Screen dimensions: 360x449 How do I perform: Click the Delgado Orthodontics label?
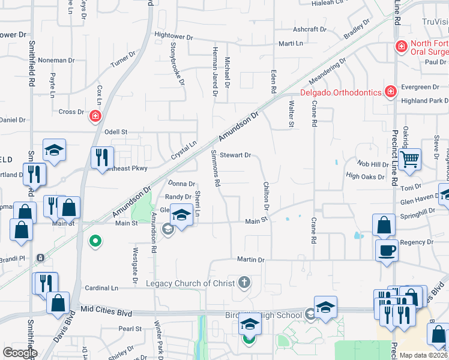(340, 92)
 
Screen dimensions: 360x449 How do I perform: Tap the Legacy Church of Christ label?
(191, 283)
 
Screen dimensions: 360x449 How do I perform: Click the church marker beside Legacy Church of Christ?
(244, 281)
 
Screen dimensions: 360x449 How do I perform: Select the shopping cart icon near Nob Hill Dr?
(409, 160)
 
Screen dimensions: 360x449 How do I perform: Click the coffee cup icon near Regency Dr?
(387, 250)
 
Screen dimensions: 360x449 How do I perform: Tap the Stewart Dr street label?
(235, 155)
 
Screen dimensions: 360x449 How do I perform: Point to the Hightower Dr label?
(173, 37)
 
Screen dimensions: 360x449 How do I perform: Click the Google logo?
(20, 352)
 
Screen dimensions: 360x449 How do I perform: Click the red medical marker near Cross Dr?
(95, 116)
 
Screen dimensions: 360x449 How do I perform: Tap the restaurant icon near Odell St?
(101, 157)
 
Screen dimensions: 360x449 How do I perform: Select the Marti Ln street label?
(291, 44)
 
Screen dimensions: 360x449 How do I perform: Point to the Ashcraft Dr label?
(309, 29)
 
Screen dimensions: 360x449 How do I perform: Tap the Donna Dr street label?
(181, 184)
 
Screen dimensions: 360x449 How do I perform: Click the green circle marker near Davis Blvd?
(94, 242)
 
